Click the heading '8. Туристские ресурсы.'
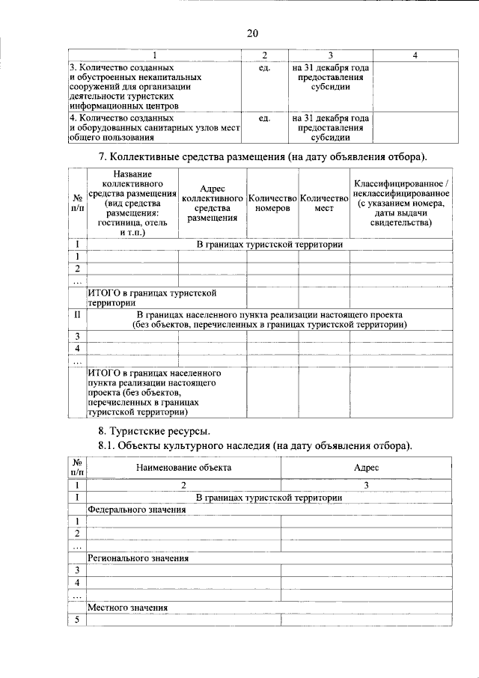pos(154,431)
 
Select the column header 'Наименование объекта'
pos(183,467)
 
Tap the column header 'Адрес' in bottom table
pos(367,467)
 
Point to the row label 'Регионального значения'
pos(138,558)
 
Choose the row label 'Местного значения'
pos(127,606)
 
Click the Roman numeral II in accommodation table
pos(77,315)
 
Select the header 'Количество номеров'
pos(272,203)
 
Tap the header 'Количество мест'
pos(324,203)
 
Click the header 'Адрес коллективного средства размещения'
pos(213,203)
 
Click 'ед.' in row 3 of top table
pos(264,67)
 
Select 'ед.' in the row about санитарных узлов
pos(264,118)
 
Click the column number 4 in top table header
pos(415,55)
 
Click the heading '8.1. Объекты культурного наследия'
pos(255,445)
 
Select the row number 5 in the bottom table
pos(77,620)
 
